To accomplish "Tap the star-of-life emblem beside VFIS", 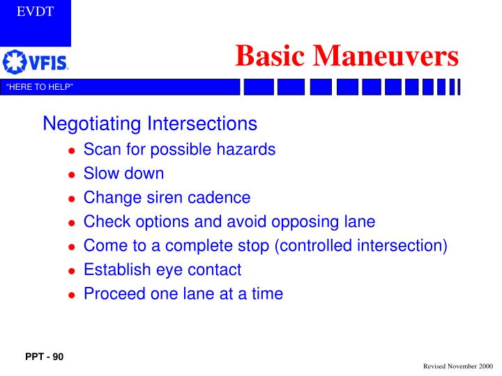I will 15,62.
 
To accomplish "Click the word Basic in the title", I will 267,55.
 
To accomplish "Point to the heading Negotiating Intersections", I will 150,124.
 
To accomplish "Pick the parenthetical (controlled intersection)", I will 374,246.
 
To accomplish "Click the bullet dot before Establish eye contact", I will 72,271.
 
